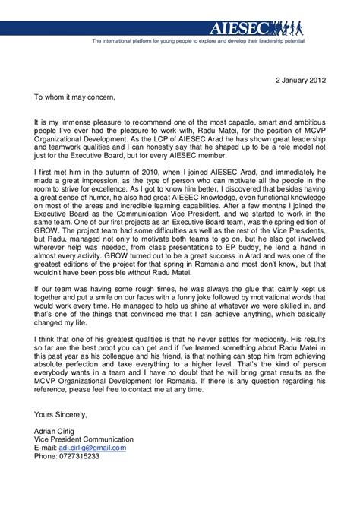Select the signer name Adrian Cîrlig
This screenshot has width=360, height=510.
coord(56,430)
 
